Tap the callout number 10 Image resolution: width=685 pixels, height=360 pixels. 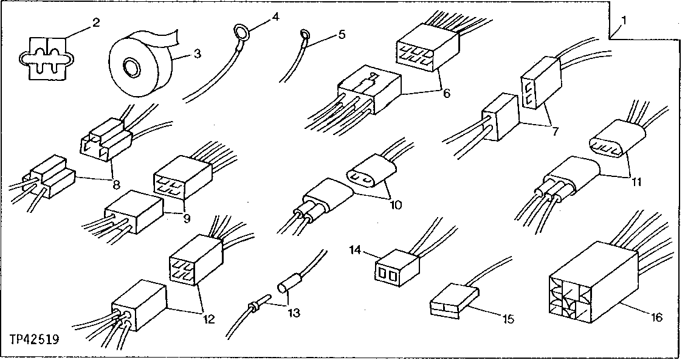pyautogui.click(x=396, y=205)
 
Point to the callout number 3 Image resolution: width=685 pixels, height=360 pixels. pyautogui.click(x=197, y=53)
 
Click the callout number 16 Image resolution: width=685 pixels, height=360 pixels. pyautogui.click(x=656, y=317)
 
